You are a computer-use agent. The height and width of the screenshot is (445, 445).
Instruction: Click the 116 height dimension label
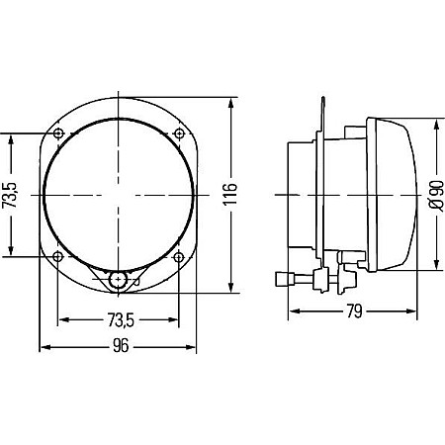tap(229, 195)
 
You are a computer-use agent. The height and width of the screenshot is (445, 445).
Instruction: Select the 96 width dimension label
tap(121, 346)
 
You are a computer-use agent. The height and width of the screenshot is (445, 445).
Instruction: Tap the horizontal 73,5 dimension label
tap(121, 320)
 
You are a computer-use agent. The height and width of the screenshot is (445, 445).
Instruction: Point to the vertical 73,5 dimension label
tap(10, 195)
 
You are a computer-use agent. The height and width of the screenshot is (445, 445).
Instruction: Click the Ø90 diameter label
tap(436, 195)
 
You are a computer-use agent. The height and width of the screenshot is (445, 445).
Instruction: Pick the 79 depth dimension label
tap(354, 311)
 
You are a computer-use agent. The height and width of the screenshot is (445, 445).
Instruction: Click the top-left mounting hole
tap(58, 133)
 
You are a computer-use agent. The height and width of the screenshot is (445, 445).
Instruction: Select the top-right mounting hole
tap(179, 133)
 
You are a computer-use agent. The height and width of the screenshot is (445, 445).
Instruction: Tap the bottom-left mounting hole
tap(58, 256)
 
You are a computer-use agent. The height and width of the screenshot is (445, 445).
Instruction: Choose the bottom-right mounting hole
tap(179, 256)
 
